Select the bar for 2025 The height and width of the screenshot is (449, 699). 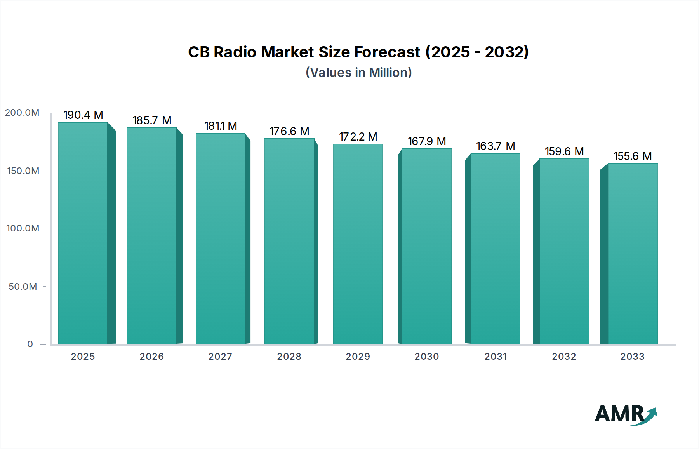point(83,233)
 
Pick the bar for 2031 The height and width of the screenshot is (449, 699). point(495,249)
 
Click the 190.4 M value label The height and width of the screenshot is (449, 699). point(83,115)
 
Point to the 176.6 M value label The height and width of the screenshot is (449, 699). point(289,131)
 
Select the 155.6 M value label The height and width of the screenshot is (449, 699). point(633,156)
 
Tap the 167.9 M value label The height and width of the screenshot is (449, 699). point(426,141)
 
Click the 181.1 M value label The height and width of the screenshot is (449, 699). point(221,126)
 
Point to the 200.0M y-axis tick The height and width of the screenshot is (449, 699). point(22,113)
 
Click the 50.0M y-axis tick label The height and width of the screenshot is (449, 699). point(23,287)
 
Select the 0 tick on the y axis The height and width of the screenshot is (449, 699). point(30,344)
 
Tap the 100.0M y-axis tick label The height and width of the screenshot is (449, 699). point(23,228)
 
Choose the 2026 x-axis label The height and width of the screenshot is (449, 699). point(152,357)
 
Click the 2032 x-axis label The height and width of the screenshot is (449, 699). point(564,357)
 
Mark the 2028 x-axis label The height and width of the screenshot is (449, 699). point(289,357)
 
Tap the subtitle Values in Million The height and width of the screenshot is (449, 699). point(358,73)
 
